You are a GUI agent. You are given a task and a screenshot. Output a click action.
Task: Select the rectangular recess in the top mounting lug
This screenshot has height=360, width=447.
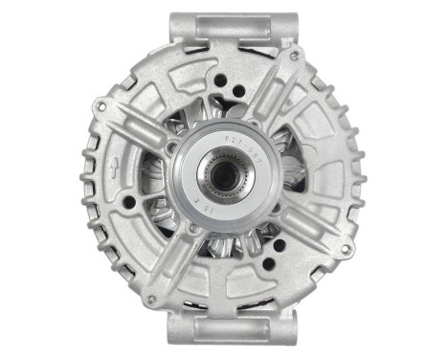click(x=222, y=29)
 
